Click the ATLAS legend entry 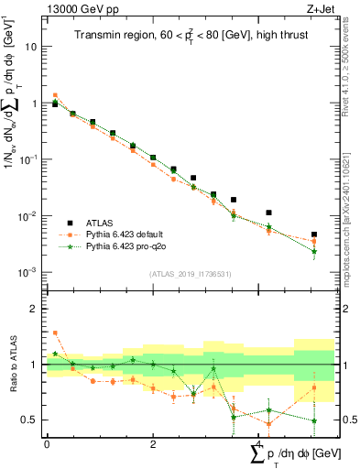coord(101,223)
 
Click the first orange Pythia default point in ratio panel coord(55,333)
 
